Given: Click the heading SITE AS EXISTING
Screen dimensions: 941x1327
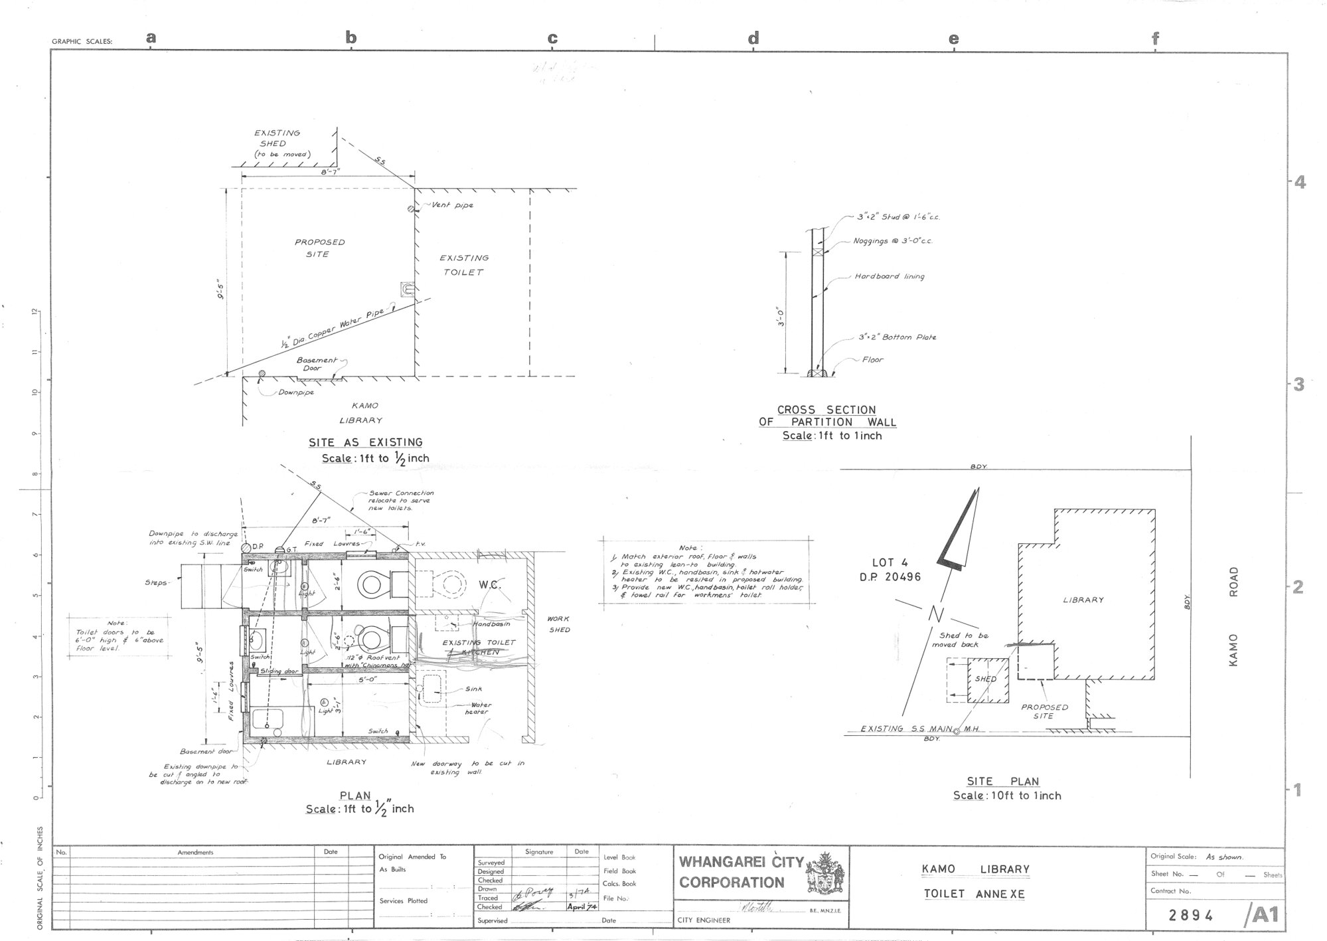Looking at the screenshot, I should [x=365, y=442].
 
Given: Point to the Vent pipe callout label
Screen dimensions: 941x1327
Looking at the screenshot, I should [x=452, y=205].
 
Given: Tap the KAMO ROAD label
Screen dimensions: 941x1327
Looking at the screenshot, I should [x=1233, y=616].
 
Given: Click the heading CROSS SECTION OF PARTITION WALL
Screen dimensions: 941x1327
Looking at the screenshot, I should [x=826, y=416].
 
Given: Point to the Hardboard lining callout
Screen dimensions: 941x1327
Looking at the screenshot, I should [x=889, y=276].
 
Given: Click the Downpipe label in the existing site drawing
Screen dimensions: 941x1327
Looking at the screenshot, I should [x=296, y=392].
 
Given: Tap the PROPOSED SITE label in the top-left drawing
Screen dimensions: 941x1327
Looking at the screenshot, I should [x=319, y=248].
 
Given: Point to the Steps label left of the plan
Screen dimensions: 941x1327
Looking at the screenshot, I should [x=157, y=583].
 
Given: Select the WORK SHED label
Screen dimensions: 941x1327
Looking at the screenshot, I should [x=558, y=624].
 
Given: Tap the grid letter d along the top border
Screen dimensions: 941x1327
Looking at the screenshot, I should [x=753, y=39].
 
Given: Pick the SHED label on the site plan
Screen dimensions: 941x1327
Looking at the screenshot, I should [x=986, y=679].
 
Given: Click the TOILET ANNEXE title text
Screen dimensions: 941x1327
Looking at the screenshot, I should [x=974, y=894].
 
